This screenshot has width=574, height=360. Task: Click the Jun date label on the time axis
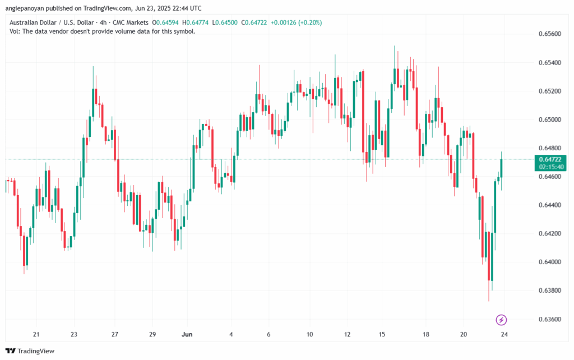188,334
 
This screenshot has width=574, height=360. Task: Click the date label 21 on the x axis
36,334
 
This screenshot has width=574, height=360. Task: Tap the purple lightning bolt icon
502,320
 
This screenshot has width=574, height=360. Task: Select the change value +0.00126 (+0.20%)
297,22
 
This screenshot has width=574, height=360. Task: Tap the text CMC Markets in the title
132,22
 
